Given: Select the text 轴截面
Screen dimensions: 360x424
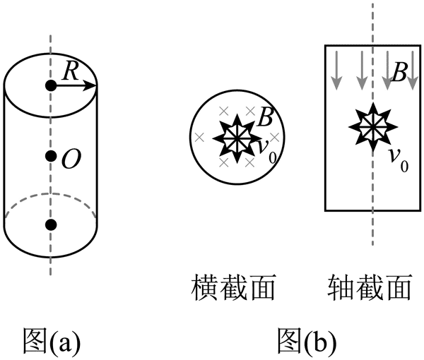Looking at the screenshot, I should (x=370, y=288).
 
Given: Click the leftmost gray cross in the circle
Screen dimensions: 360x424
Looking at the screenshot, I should (x=199, y=137).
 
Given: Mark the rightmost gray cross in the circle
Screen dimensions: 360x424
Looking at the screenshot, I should (x=276, y=136).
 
